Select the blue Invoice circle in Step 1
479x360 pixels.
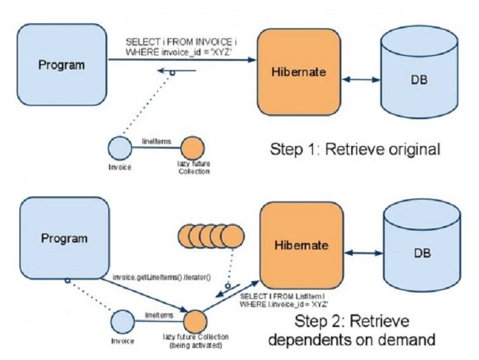coord(120,148)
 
